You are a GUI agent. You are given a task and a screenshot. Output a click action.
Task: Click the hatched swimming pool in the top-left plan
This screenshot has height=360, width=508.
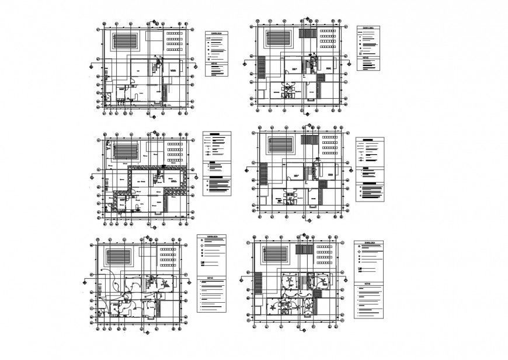[x=125, y=41]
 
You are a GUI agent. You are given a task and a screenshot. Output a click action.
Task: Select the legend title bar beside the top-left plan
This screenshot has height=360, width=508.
[x=218, y=34]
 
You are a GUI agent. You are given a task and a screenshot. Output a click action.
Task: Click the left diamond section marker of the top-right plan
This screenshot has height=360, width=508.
[x=246, y=64]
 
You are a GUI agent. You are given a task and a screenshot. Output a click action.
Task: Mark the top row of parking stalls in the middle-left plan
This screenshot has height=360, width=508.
[x=173, y=143]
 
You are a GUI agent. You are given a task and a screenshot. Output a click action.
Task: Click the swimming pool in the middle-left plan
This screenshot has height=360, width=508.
[x=124, y=148]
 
